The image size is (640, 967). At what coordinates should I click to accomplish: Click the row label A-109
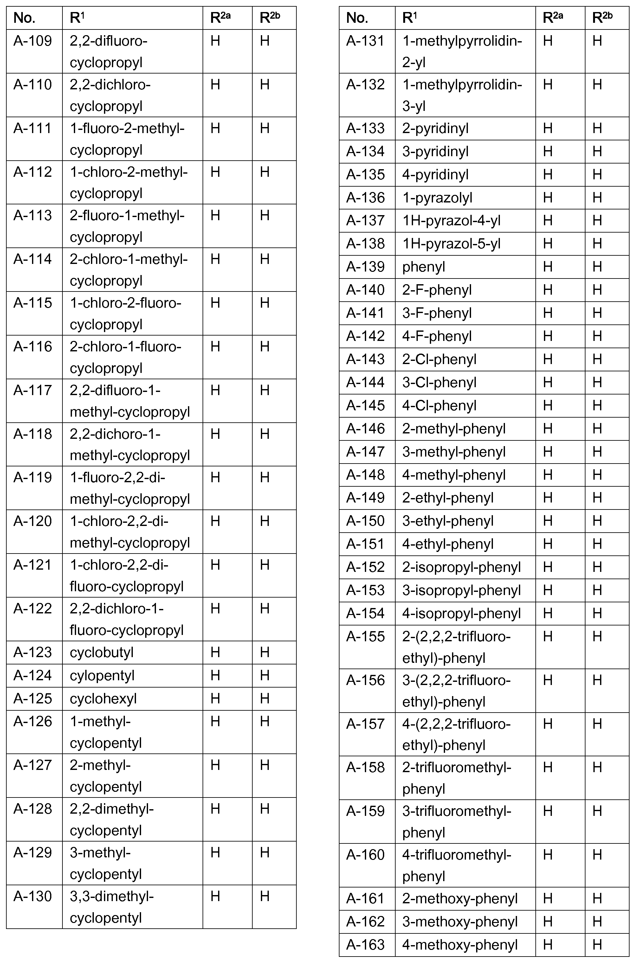(x=33, y=41)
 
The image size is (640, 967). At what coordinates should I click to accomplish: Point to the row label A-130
(x=33, y=896)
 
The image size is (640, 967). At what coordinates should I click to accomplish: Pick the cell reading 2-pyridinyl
(x=435, y=128)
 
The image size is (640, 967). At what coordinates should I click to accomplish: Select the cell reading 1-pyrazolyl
(x=437, y=198)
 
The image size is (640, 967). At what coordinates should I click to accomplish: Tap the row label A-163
(x=365, y=945)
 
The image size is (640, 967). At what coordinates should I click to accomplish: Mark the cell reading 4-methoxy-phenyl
(x=460, y=945)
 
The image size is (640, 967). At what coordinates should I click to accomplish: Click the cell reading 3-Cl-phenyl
(x=439, y=382)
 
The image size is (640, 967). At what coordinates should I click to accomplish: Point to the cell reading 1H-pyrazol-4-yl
(x=451, y=221)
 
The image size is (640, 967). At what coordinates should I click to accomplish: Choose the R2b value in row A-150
(x=597, y=521)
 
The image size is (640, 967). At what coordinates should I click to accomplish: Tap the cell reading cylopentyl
(x=102, y=676)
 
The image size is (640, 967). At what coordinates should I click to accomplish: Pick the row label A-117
(x=33, y=390)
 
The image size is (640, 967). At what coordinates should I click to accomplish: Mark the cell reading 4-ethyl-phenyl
(x=448, y=544)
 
